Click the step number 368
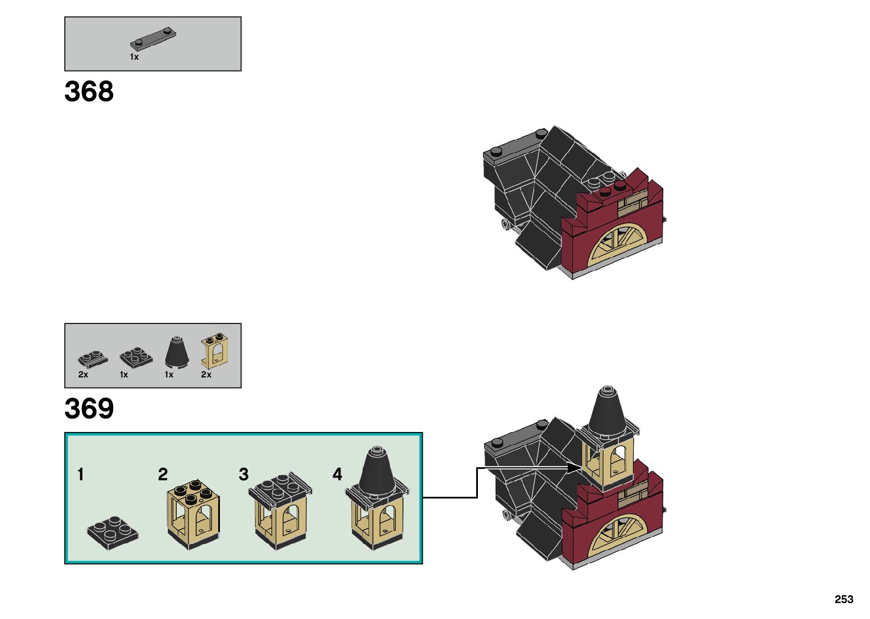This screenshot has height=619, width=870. [89, 92]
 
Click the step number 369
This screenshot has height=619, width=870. [89, 409]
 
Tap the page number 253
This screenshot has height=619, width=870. [844, 599]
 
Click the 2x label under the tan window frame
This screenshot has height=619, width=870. [206, 375]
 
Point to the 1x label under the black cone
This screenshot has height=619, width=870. [169, 375]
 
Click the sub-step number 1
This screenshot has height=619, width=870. [81, 475]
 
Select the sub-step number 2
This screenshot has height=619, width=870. [163, 475]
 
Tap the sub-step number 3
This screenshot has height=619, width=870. [244, 475]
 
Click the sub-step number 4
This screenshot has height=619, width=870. [338, 475]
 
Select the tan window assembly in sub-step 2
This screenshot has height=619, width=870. [194, 515]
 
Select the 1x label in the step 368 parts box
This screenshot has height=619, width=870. [134, 57]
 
